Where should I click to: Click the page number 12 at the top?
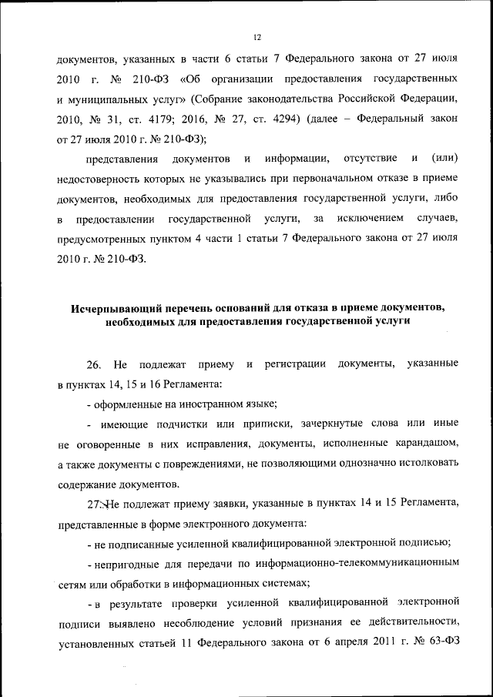(257, 36)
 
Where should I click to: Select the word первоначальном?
(301, 179)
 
